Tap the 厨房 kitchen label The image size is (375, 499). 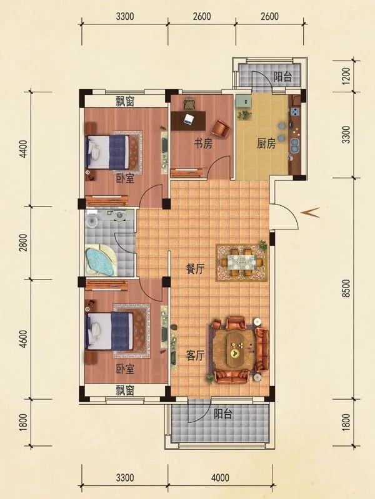(266, 143)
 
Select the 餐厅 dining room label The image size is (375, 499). (195, 269)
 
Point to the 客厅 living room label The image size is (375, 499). (195, 356)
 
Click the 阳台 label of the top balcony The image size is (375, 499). (282, 77)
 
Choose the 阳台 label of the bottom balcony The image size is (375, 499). (223, 414)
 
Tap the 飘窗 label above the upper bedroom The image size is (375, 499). (125, 102)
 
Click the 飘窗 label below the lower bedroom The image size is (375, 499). (125, 390)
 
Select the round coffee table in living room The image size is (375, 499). (236, 351)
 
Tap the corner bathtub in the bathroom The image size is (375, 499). (100, 261)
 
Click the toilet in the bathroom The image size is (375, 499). (92, 220)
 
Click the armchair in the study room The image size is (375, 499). (220, 128)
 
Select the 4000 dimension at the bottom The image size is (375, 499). (219, 478)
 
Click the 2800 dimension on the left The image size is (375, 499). (22, 242)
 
